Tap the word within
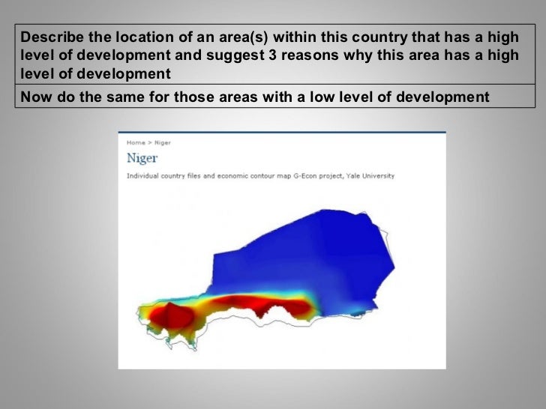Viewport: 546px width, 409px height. click(295, 37)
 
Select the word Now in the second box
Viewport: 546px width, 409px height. click(34, 97)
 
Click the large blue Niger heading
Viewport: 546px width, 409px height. click(142, 158)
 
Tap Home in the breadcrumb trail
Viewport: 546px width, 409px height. click(135, 142)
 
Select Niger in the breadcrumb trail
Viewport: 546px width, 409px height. click(162, 142)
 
